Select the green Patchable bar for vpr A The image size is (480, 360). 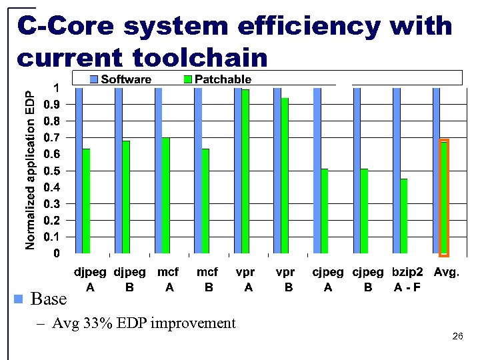[245, 171]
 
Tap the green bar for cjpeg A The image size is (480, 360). [324, 211]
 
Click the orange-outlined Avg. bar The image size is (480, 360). [444, 197]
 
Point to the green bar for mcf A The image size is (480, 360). [165, 195]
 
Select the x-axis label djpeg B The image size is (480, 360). [129, 280]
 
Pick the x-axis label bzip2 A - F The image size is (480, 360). [407, 280]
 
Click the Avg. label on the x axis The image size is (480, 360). [446, 273]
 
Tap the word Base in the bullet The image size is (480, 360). [49, 299]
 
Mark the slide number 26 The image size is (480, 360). [457, 337]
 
